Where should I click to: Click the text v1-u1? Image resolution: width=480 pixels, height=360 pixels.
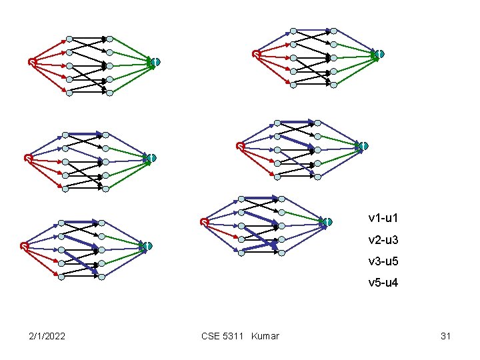coord(383,218)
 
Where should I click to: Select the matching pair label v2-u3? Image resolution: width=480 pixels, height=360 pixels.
coord(383,239)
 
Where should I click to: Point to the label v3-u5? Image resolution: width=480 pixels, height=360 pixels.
coord(383,261)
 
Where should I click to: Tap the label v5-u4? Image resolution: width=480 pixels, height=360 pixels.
coord(383,283)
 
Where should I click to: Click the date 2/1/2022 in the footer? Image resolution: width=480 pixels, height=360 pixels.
coord(47,336)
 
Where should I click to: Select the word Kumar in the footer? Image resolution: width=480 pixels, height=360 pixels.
coord(265,336)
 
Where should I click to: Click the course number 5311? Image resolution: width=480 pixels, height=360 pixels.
coord(234,336)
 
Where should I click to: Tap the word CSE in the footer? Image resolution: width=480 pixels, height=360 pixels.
coord(210,336)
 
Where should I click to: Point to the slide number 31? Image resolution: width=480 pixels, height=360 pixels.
coord(446,336)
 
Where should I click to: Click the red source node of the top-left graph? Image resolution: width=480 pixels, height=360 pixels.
coord(31,62)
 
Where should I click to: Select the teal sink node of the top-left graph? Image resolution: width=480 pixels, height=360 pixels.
coord(155,62)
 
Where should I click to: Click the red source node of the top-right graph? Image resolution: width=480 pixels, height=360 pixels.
coord(256,54)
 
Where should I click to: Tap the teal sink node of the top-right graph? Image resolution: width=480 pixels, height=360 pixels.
coord(379,53)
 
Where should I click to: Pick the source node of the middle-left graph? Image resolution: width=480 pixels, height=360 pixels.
coord(27,158)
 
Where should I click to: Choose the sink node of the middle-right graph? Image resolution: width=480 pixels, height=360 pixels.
coord(363,146)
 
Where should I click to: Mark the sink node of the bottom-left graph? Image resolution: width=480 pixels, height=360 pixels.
coord(148,246)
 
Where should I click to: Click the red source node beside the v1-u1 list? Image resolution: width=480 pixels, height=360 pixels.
coord(205,222)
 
